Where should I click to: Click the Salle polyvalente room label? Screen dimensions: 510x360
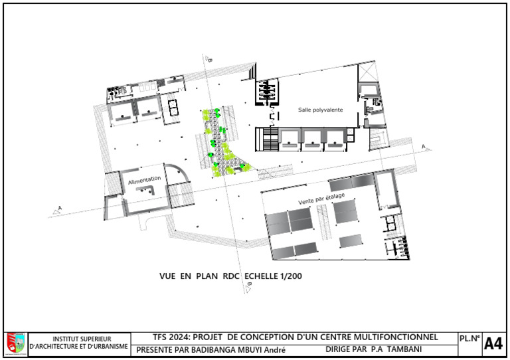point(320,110)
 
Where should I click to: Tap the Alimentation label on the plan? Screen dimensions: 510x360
point(144,180)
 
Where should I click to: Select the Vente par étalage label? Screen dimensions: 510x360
point(321,199)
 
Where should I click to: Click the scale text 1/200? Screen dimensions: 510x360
point(291,276)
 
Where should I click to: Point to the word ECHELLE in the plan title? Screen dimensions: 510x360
point(261,276)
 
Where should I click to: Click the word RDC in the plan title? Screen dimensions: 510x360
point(231,276)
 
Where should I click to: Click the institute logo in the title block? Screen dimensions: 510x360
point(16,344)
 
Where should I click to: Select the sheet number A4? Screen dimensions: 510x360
point(493,344)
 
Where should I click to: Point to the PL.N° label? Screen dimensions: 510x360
point(469,339)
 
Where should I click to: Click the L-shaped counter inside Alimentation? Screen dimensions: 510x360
point(145,189)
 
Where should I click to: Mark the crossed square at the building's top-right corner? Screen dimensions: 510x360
point(367,73)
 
